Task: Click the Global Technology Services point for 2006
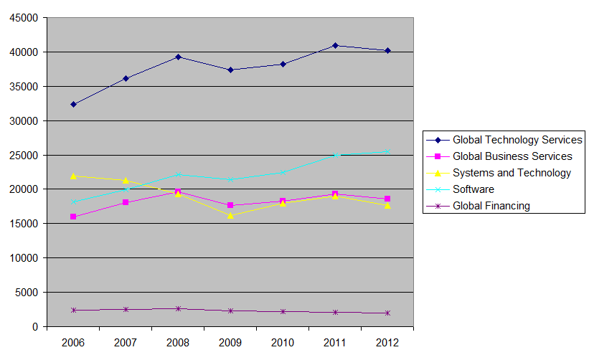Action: tap(74, 105)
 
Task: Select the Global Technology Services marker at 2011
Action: tap(336, 45)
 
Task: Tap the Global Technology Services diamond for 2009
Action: tap(230, 70)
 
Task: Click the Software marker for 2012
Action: tap(387, 151)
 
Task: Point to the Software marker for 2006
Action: tap(74, 202)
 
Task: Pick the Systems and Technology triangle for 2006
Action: tap(74, 176)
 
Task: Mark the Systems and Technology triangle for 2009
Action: tap(230, 215)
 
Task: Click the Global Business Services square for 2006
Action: tap(73, 217)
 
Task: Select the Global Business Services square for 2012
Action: tap(387, 199)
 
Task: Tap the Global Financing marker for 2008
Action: tap(179, 308)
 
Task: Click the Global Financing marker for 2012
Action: tap(387, 313)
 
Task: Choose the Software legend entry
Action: tap(460, 189)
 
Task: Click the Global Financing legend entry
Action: tap(479, 206)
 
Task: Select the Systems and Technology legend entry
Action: tap(499, 173)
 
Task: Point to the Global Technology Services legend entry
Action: tap(504, 140)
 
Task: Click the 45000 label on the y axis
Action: tap(24, 18)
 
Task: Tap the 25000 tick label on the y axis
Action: tap(24, 156)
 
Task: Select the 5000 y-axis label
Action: tap(27, 293)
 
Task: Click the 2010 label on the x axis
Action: tap(283, 343)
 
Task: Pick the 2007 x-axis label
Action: tap(126, 343)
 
